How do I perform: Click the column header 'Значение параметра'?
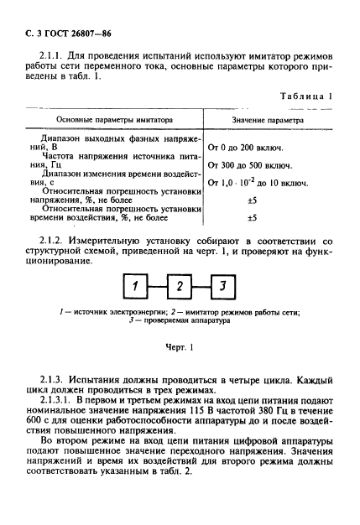[269, 120]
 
